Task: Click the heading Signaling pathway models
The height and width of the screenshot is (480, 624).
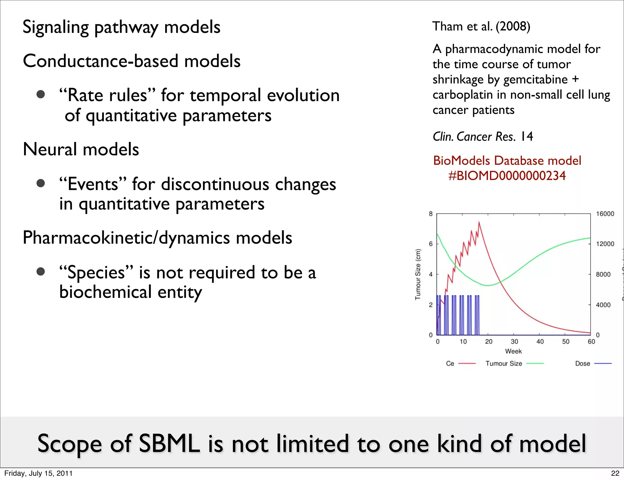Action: pos(121,27)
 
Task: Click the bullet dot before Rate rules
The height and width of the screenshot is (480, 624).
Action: pos(41,94)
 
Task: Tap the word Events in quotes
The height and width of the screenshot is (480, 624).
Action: pos(93,184)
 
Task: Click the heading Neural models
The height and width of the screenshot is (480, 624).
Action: pos(81,149)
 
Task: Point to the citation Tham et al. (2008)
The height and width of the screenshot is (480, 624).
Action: pos(481,26)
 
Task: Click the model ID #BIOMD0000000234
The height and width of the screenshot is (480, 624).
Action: pos(507,176)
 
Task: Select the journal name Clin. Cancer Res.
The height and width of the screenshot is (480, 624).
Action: pos(474,137)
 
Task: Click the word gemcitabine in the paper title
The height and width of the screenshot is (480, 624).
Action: pos(535,79)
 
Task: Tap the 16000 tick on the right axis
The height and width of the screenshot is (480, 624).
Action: pos(605,214)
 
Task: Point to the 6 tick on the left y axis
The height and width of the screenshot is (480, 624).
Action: pos(431,244)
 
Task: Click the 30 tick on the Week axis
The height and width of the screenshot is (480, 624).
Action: pos(514,341)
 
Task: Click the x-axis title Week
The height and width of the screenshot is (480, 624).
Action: pos(513,351)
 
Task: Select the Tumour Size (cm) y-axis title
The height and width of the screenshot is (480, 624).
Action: pos(418,274)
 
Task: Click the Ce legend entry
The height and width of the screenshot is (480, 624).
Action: pos(450,363)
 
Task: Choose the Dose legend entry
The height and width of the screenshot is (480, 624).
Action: pos(583,363)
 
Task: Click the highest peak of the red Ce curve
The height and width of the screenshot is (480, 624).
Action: pos(479,222)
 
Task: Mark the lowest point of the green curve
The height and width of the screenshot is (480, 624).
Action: pos(488,285)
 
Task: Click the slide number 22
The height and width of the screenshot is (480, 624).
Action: pos(615,473)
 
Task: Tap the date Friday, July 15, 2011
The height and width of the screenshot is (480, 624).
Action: pos(38,473)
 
